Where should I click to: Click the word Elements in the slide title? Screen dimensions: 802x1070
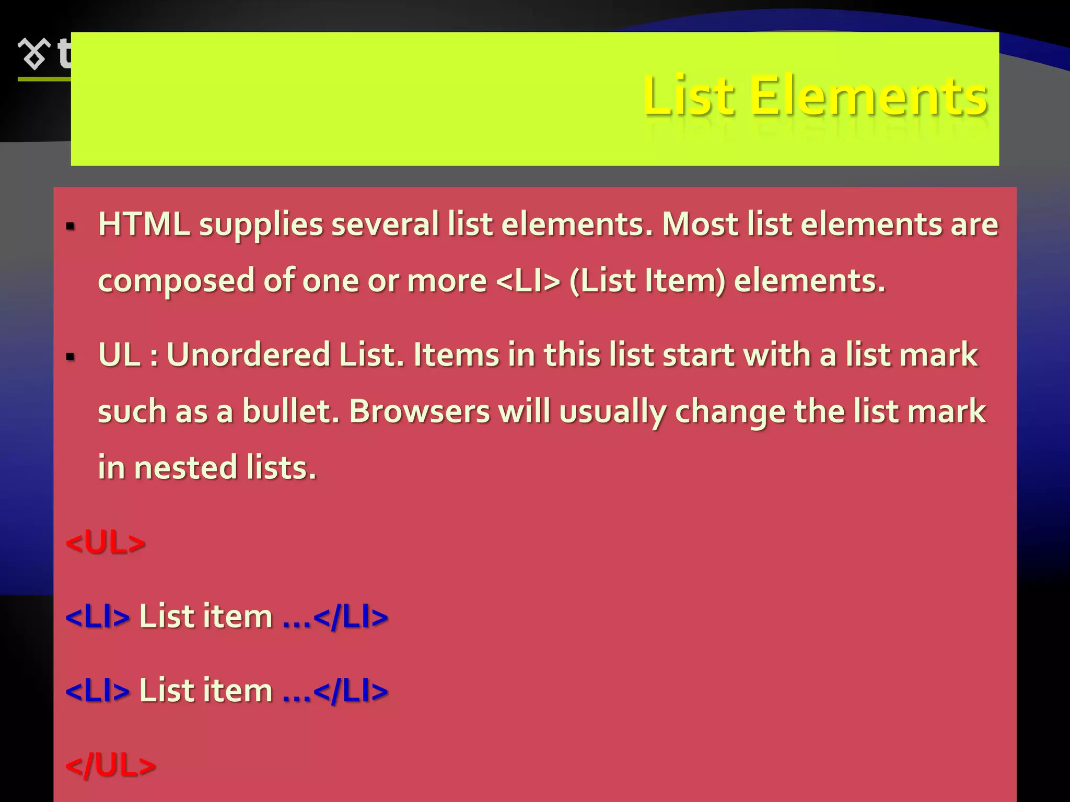pos(868,96)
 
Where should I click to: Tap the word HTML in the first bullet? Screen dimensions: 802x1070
pos(144,225)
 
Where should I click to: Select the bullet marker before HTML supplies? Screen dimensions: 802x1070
pos(70,227)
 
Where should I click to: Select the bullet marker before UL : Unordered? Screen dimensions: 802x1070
pos(70,357)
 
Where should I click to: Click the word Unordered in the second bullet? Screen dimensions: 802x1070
pos(248,355)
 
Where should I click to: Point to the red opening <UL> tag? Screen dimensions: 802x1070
pos(105,543)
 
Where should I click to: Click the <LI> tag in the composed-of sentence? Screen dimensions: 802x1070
pos(528,281)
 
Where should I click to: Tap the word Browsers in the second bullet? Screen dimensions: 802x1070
pos(419,411)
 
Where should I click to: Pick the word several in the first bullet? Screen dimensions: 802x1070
pos(385,225)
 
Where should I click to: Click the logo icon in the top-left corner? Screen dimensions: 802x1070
pos(34,54)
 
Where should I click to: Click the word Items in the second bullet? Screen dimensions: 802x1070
pos(456,355)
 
